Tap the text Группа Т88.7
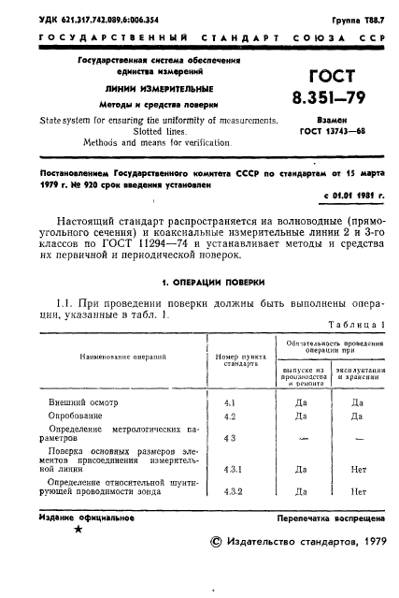tap(357, 20)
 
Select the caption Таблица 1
tap(357, 323)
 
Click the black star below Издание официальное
tap(77, 530)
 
